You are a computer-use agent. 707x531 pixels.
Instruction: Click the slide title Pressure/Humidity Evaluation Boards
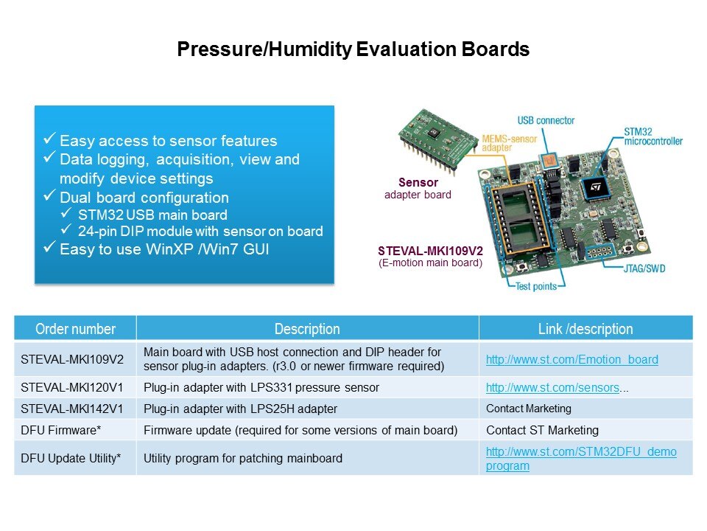tap(353, 49)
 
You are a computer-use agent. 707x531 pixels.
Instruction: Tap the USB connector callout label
tap(546, 120)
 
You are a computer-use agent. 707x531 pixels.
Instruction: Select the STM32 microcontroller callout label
tap(653, 136)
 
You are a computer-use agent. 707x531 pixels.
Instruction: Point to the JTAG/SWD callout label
tap(644, 268)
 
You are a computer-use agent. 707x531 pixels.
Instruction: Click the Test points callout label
tap(535, 286)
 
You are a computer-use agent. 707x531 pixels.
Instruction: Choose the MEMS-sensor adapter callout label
tap(509, 143)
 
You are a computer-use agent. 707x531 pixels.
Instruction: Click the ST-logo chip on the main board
tap(595, 188)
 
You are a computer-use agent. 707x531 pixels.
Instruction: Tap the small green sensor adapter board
tap(437, 138)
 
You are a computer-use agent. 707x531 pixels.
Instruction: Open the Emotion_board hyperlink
tap(571, 359)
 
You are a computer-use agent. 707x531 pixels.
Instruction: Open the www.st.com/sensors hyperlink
tap(552, 387)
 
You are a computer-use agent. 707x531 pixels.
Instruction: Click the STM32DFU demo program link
tap(581, 458)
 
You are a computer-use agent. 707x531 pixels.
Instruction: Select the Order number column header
tap(75, 329)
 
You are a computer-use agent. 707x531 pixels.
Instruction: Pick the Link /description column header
tap(585, 329)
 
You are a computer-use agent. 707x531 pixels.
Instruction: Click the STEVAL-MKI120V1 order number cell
tap(71, 387)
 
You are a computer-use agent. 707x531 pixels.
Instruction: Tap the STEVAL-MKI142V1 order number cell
tap(71, 409)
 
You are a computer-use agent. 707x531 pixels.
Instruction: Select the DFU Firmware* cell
tap(60, 430)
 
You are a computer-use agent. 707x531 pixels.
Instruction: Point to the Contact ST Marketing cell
tap(542, 430)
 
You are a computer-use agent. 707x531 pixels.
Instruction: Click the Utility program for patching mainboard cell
tap(242, 458)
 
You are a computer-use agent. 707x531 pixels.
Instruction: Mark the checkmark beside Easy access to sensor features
tap(49, 138)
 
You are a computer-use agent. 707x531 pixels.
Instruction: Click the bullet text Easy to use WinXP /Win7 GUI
tap(164, 249)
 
